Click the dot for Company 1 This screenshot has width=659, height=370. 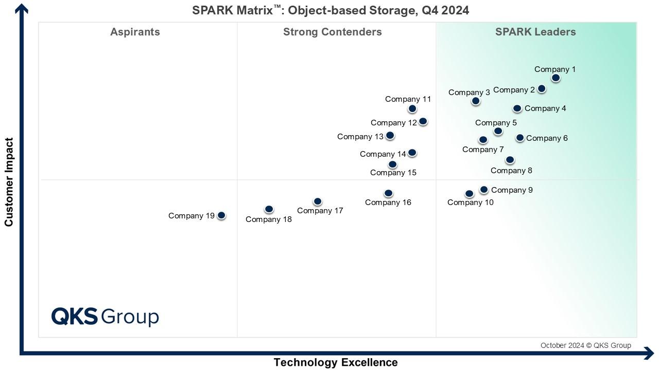click(x=556, y=78)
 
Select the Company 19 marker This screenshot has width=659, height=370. click(x=221, y=215)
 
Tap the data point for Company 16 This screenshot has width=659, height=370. click(x=389, y=193)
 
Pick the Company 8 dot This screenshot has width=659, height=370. click(x=510, y=160)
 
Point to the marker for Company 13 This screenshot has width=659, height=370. click(x=390, y=135)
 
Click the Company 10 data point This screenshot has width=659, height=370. click(x=469, y=194)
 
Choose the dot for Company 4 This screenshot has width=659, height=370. click(x=517, y=108)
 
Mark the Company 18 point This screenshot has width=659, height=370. click(x=269, y=209)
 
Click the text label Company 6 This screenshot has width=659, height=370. click(x=547, y=138)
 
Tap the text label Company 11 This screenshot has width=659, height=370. click(x=408, y=99)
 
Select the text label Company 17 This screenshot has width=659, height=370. click(x=320, y=211)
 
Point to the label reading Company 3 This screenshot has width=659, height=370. click(x=469, y=92)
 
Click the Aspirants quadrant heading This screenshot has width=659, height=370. click(x=135, y=32)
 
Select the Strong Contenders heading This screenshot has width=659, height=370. click(x=332, y=32)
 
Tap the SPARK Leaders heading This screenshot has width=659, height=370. click(x=535, y=32)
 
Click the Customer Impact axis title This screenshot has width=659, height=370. click(x=9, y=182)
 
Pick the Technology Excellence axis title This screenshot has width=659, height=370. click(x=335, y=362)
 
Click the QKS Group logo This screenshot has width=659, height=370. click(x=105, y=316)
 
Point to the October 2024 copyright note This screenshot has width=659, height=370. click(x=585, y=345)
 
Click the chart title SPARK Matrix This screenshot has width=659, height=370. click(x=331, y=10)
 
